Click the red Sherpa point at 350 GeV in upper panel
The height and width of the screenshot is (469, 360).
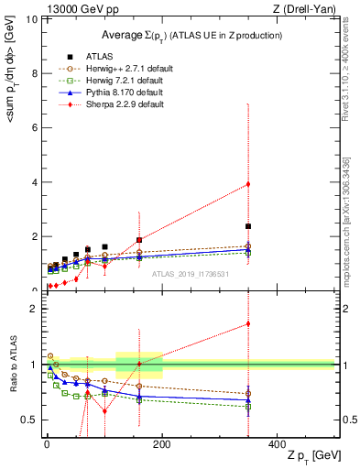click(248, 184)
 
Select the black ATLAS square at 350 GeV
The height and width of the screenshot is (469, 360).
click(248, 226)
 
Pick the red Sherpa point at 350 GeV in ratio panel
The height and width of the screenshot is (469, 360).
click(248, 323)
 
